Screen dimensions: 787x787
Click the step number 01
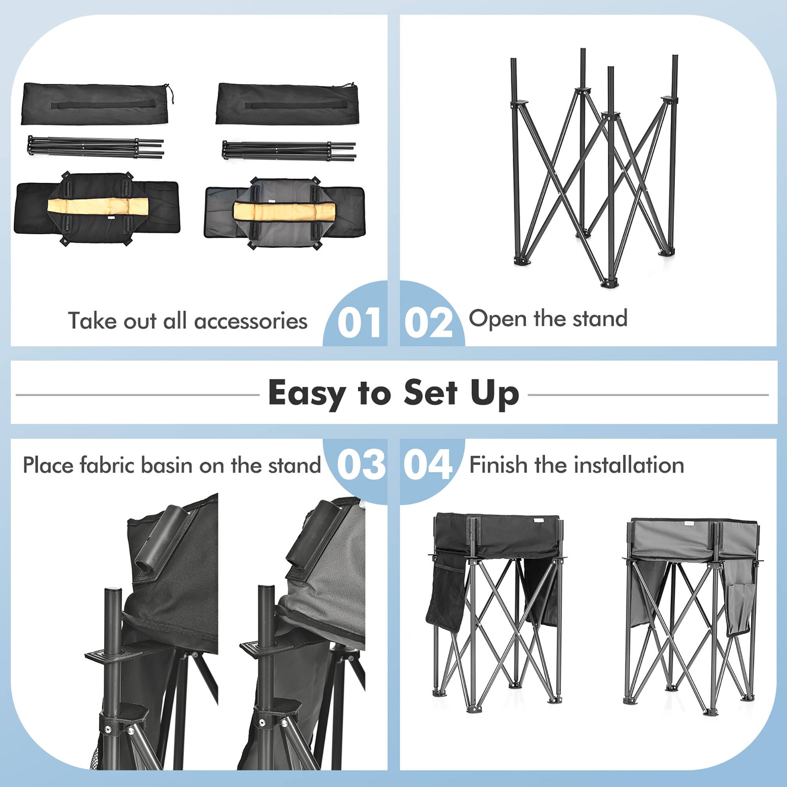[x=359, y=323]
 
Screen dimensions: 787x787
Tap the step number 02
[x=428, y=323]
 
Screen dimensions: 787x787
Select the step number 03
[x=360, y=465]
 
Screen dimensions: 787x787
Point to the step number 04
[x=428, y=465]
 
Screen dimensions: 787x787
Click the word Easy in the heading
[x=306, y=393]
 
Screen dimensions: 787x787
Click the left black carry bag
[x=95, y=103]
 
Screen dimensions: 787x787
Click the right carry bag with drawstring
[x=287, y=103]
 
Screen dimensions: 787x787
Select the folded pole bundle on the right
[x=288, y=150]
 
